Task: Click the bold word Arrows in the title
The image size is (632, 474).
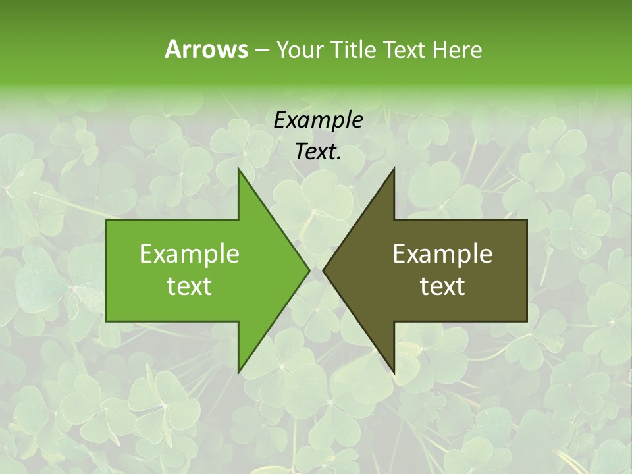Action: tap(206, 49)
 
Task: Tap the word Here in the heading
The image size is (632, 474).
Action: tap(457, 49)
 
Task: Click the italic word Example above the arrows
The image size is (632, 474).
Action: tap(318, 120)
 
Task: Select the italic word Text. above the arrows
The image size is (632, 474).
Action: tap(318, 152)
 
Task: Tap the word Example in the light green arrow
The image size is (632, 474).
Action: tap(190, 254)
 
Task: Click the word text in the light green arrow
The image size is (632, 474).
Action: tap(190, 286)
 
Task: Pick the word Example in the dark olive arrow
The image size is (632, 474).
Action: tap(442, 254)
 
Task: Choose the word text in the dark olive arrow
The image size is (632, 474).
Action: tap(442, 286)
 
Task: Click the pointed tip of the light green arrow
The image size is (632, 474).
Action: tap(309, 270)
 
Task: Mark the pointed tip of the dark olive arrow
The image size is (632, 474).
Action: tap(324, 270)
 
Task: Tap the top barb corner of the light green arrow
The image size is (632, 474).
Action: tap(238, 169)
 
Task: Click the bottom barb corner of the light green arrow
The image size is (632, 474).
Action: tap(238, 372)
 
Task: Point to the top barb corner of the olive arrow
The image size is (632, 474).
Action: tap(394, 169)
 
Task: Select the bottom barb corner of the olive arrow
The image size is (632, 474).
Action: tap(394, 372)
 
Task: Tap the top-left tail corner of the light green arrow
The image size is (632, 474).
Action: tap(107, 220)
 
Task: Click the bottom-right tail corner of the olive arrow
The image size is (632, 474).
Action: tap(527, 321)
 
